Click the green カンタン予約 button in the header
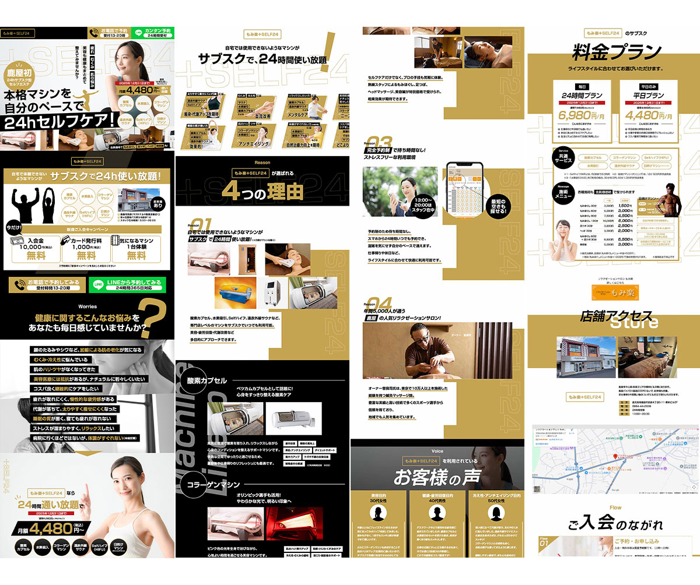pyautogui.click(x=153, y=34)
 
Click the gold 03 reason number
pyautogui.click(x=380, y=142)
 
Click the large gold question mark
pyautogui.click(x=156, y=318)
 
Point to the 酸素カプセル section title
pyautogui.click(x=207, y=380)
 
